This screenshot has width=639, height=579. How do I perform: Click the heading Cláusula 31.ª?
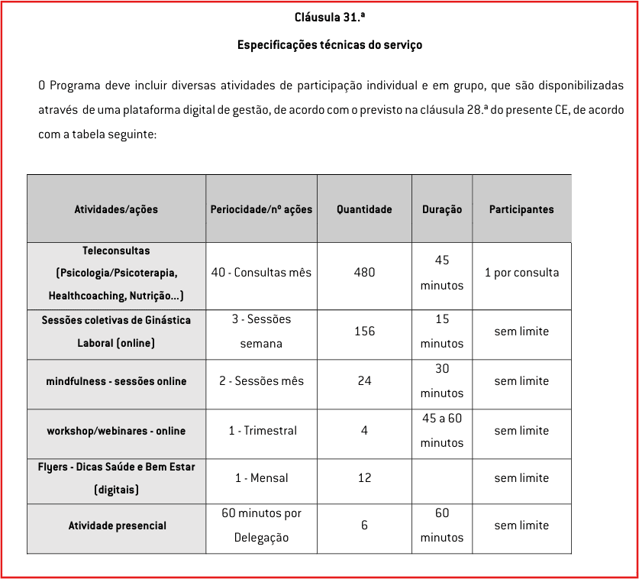click(x=329, y=17)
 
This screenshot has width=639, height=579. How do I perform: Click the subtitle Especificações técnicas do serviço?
click(x=329, y=45)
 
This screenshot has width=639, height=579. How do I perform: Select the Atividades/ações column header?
click(x=116, y=209)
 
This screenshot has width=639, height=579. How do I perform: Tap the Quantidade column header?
click(x=364, y=209)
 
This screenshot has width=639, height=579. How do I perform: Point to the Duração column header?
click(x=441, y=209)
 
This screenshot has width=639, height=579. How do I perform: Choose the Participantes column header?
click(x=521, y=209)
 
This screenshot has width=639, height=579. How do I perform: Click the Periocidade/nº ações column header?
click(x=261, y=209)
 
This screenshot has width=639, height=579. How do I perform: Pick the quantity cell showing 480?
click(x=364, y=273)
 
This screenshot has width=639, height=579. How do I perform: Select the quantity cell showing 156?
click(x=364, y=332)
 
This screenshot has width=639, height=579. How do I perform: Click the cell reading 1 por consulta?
click(x=521, y=273)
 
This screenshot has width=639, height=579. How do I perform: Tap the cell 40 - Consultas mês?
click(x=261, y=273)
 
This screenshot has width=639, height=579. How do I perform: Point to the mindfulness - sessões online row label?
click(x=116, y=381)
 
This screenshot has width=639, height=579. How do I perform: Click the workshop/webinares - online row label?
click(x=116, y=431)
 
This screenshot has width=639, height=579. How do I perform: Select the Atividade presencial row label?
click(x=116, y=526)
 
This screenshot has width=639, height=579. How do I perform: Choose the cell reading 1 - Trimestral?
click(x=261, y=431)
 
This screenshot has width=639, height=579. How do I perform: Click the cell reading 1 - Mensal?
click(x=261, y=478)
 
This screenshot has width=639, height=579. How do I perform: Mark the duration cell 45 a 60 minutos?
click(x=441, y=431)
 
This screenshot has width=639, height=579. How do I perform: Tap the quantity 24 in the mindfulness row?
click(x=364, y=381)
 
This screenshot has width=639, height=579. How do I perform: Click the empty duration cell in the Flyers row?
click(x=441, y=480)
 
